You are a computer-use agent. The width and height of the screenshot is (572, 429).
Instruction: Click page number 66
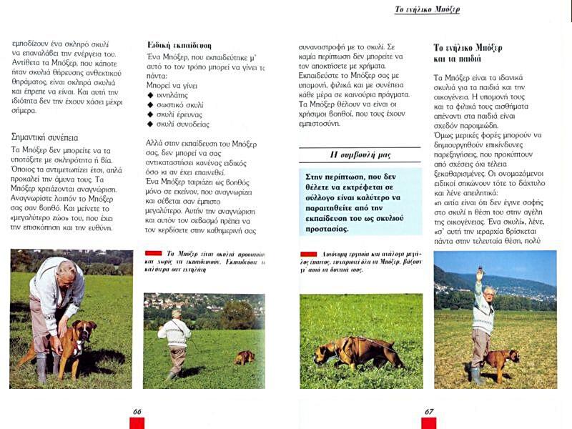pos(137,411)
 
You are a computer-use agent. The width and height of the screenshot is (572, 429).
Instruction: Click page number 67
pos(429,411)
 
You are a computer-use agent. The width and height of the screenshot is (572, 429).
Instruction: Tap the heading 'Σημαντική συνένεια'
pos(45,137)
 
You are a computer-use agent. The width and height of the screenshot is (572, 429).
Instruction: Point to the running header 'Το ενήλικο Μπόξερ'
pos(427,9)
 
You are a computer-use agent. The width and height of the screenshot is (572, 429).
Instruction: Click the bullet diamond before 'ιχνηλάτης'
pos(150,94)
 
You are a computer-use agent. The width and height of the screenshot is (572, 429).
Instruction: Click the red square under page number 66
pos(137,423)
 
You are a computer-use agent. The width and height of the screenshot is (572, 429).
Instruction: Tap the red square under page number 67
pos(429,423)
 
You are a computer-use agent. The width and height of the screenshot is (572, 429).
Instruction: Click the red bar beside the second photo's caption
pos(153,253)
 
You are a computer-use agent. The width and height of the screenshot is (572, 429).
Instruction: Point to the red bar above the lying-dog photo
pos(308,254)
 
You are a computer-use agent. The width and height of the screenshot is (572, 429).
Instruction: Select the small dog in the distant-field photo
pos(245,357)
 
